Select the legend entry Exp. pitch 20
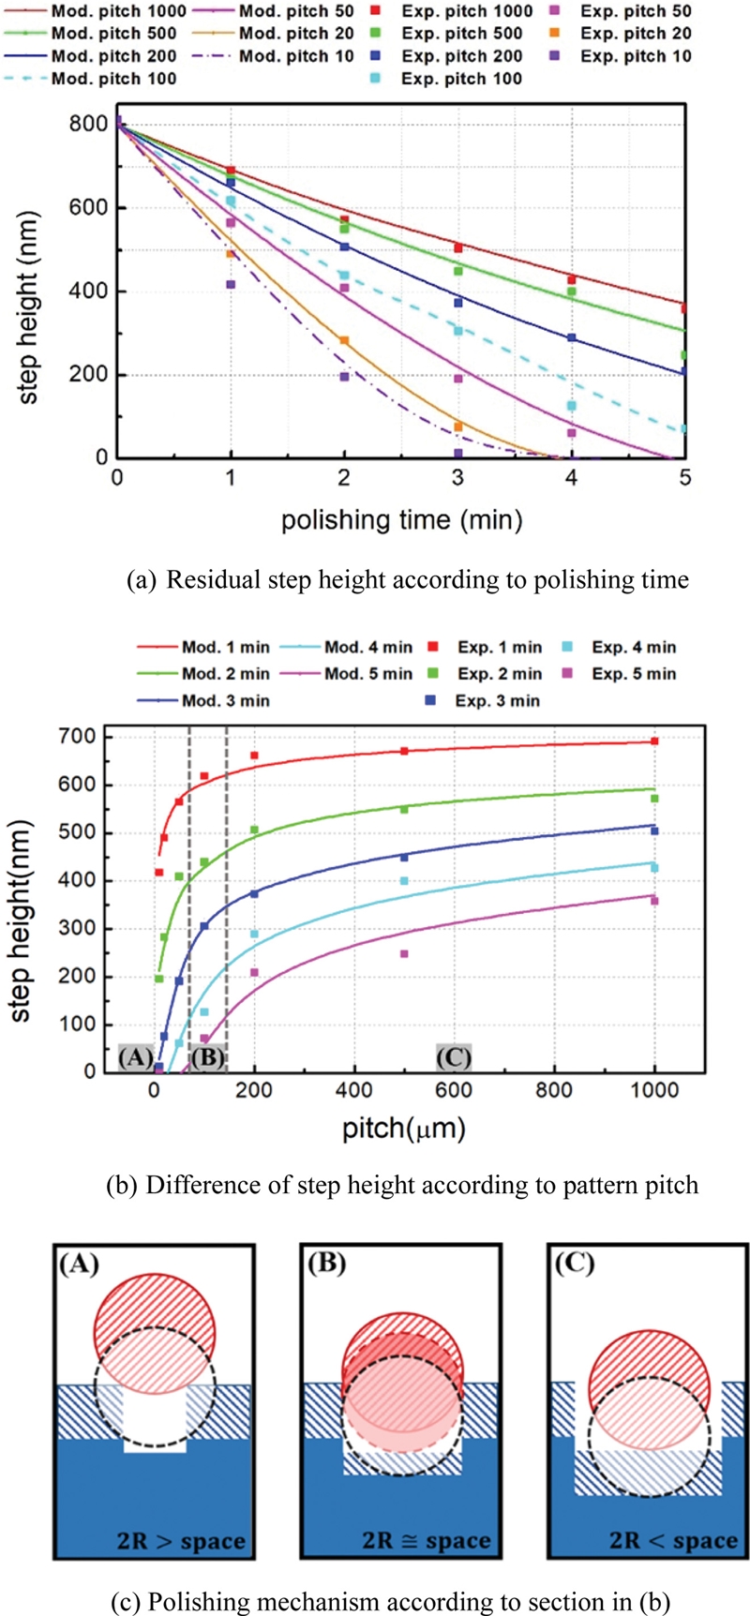point(636,34)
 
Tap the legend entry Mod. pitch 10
point(296,56)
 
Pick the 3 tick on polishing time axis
point(457,479)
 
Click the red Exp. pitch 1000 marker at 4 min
point(571,280)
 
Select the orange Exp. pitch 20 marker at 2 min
point(344,340)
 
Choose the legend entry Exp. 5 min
point(635,674)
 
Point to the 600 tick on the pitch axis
point(454,1090)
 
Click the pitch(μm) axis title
point(403,1128)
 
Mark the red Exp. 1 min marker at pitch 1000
point(654,741)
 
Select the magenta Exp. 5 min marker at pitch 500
point(404,954)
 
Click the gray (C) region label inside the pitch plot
point(454,1057)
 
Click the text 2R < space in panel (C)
point(673,1540)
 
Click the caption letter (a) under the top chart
point(142,580)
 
